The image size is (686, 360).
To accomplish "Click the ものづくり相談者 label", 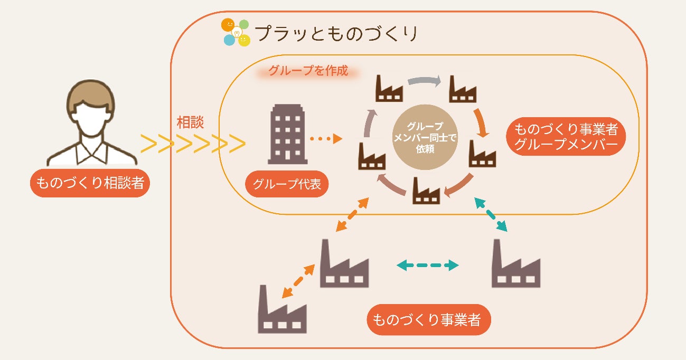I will [x=89, y=183].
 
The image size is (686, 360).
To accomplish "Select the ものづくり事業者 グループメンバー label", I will [x=566, y=137].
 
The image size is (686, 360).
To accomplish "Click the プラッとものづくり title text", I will [x=336, y=33].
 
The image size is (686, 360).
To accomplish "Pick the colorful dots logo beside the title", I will [x=236, y=32].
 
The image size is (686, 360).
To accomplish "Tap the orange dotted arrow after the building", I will [x=326, y=139].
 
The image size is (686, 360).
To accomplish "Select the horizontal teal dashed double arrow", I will [x=428, y=265].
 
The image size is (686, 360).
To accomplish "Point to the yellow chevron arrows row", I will [x=193, y=144].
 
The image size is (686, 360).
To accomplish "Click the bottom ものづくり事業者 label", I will [x=428, y=319].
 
